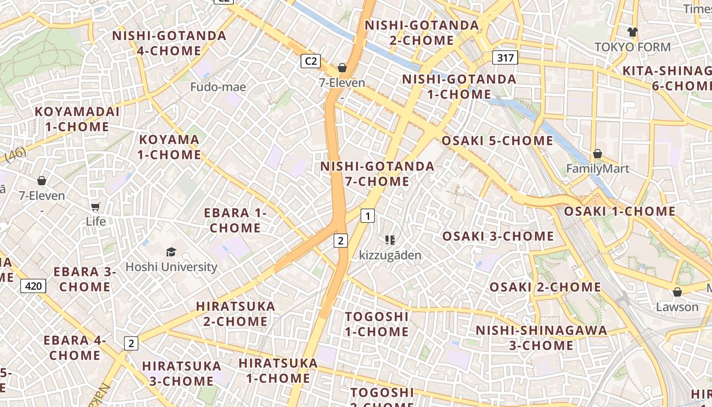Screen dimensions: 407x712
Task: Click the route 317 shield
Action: [x=505, y=58]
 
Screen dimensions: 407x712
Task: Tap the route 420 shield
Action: [x=34, y=286]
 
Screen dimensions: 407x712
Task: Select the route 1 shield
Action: [x=368, y=216]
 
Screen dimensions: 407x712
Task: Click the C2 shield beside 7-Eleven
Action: [x=310, y=62]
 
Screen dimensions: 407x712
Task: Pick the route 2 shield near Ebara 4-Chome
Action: [x=131, y=343]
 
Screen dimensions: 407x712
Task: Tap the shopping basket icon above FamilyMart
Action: [x=598, y=154]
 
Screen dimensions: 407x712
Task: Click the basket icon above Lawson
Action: [x=677, y=292]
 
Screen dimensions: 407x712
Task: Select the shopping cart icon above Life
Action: [x=96, y=207]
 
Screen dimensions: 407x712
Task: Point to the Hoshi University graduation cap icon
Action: [x=171, y=252]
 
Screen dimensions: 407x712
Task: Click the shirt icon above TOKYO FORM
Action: [x=632, y=32]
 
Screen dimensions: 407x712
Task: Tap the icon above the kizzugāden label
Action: [x=390, y=240]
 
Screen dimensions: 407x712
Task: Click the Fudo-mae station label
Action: [x=218, y=87]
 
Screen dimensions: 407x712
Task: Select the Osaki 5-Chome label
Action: [x=497, y=141]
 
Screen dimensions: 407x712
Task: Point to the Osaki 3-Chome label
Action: [x=498, y=236]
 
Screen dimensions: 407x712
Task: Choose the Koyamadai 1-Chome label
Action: [x=77, y=119]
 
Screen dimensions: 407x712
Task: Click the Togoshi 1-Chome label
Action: [x=377, y=324]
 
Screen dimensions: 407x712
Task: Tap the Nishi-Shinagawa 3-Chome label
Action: [x=541, y=338]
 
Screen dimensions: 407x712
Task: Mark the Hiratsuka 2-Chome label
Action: [x=235, y=314]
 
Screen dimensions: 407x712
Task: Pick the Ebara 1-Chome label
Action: [x=235, y=220]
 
